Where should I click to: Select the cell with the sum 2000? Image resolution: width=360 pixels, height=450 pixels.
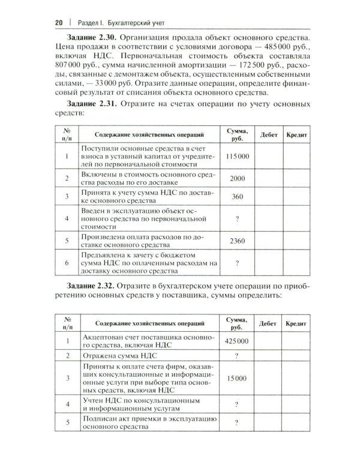coord(238,179)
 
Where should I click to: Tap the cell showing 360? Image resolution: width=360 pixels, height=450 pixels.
coord(238,197)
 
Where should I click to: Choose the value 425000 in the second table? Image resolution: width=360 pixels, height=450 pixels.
coord(238,341)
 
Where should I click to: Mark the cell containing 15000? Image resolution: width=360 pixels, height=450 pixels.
coord(238,379)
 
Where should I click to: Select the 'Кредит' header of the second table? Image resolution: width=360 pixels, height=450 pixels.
coord(296,323)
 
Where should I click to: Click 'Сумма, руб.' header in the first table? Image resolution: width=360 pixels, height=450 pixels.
coord(238,136)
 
